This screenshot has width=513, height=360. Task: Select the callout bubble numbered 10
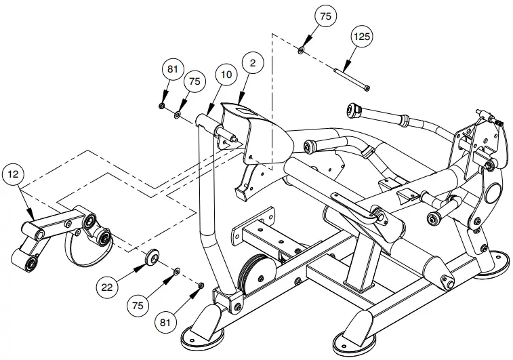[225, 75]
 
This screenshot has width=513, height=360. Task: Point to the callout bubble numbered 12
[14, 174]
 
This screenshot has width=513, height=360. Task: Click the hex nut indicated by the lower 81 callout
[200, 285]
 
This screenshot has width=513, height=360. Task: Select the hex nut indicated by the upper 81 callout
[162, 106]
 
